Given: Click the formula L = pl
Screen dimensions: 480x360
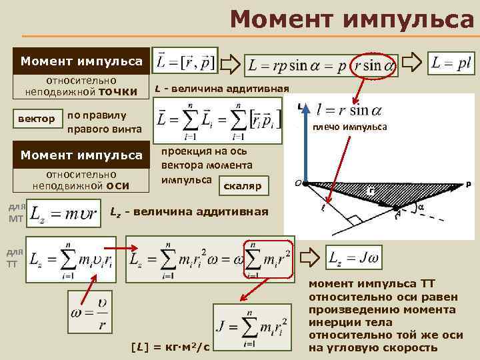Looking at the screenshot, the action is point(451,63).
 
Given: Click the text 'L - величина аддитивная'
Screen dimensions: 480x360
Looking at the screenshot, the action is point(221,88).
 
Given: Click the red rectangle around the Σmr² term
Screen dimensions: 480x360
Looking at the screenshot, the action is point(269,259).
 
